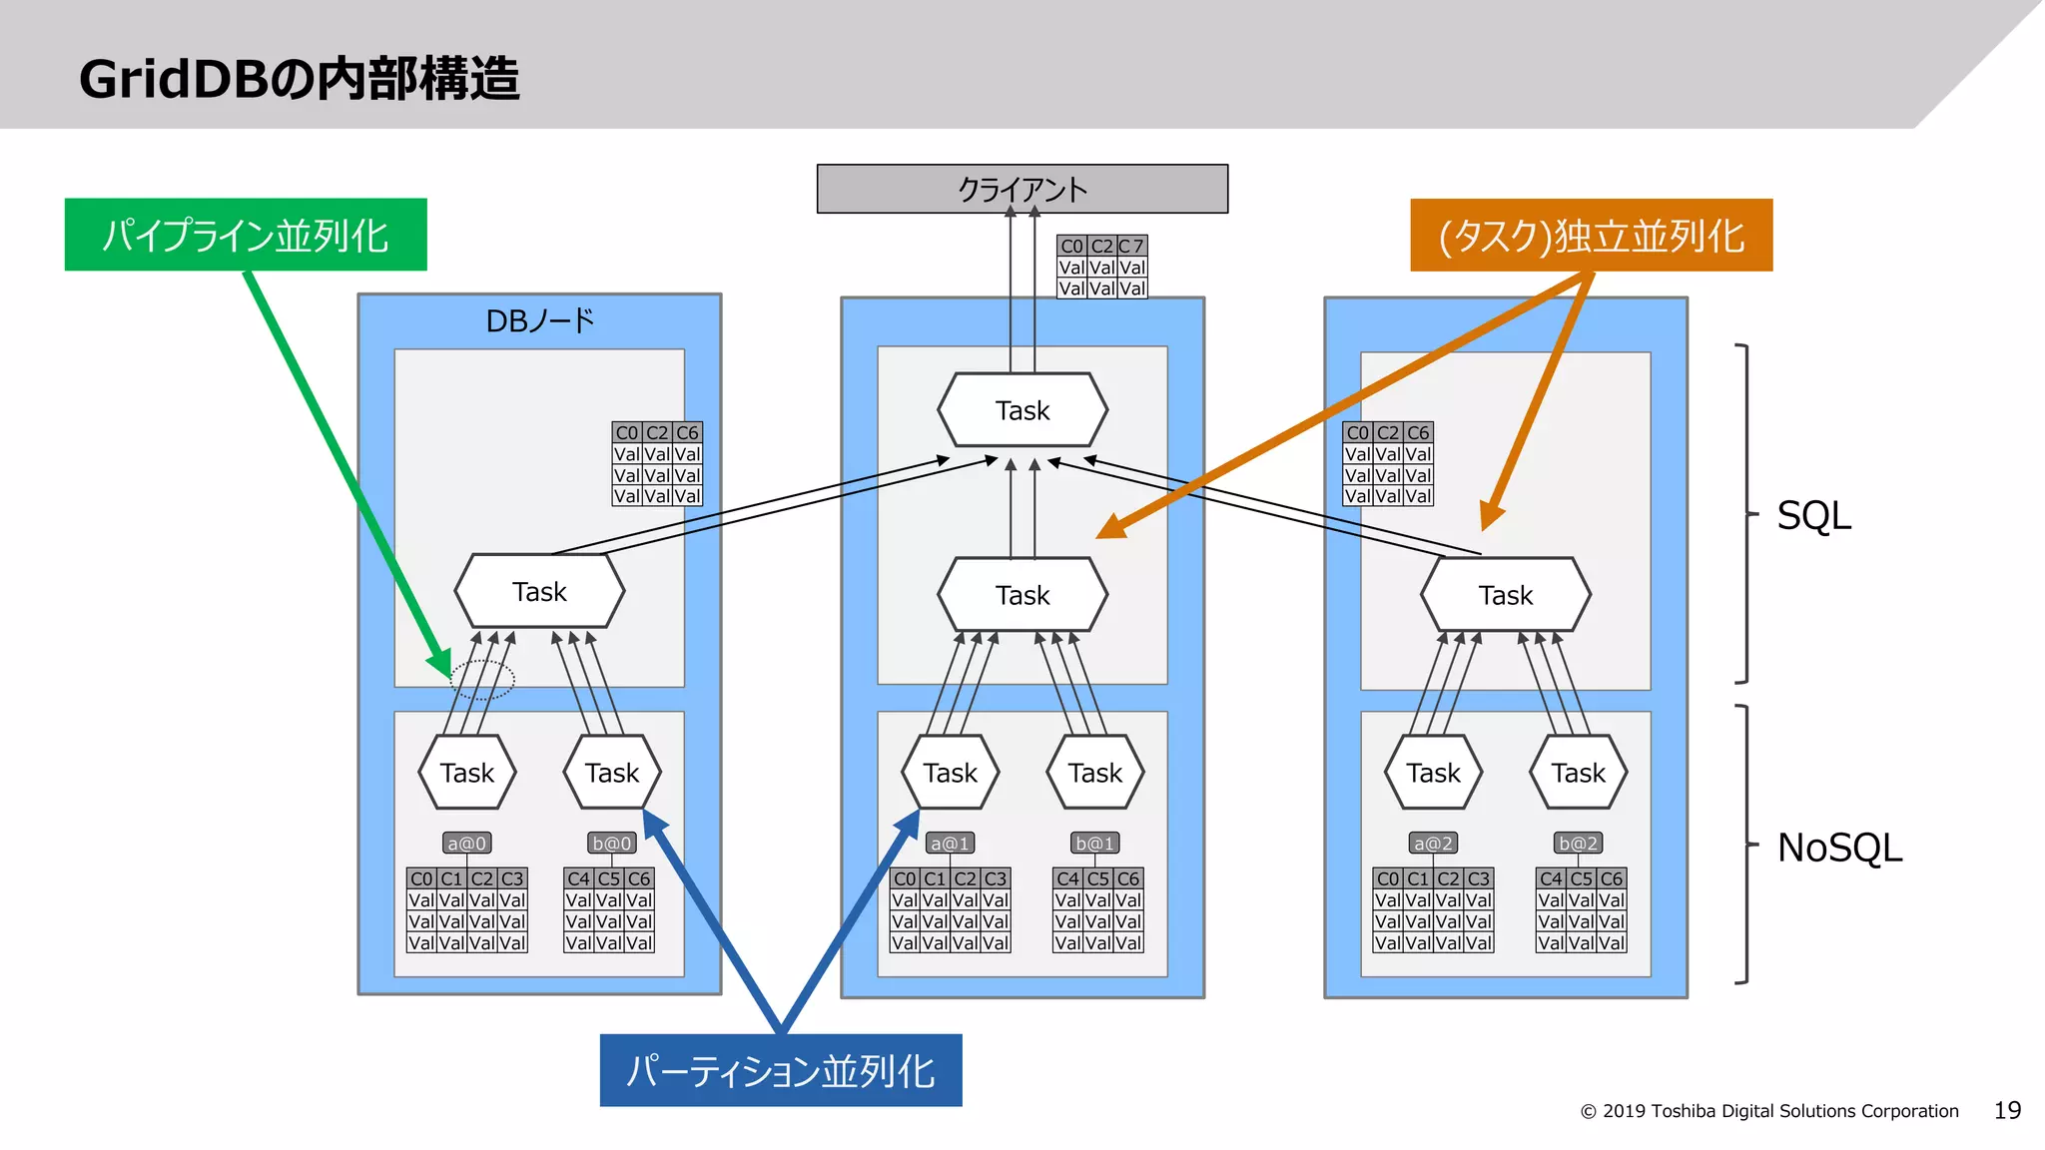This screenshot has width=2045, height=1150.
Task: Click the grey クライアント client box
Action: coord(1022,189)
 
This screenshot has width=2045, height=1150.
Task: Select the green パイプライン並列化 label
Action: coord(246,235)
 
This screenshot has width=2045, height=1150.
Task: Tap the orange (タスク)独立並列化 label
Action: coord(1591,236)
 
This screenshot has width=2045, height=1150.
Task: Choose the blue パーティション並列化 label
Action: coord(780,1070)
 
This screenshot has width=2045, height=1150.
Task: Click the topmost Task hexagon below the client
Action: coord(1022,410)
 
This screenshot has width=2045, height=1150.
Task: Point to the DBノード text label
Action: coord(539,320)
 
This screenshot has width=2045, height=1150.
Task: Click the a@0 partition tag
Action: coord(466,844)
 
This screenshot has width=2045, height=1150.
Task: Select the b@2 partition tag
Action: coord(1578,844)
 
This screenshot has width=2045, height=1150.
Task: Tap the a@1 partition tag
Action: coord(950,844)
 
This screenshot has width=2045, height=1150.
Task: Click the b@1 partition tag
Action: coord(1094,844)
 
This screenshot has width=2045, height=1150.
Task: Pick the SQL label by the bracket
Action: coord(1813,516)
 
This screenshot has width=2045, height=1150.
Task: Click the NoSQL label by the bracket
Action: coord(1839,848)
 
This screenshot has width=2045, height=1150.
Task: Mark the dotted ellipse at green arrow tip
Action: coord(482,679)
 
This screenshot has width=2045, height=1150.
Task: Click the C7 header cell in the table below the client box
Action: coord(1131,246)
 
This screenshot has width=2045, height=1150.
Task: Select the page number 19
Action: coord(2007,1110)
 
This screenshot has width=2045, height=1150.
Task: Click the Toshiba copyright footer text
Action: coord(1769,1111)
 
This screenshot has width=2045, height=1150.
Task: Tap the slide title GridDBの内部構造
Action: coord(300,79)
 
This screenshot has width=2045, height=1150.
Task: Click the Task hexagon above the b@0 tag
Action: coord(612,773)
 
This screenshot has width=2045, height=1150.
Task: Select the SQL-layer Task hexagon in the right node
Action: coord(1505,595)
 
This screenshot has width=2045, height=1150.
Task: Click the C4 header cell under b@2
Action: coord(1551,878)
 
